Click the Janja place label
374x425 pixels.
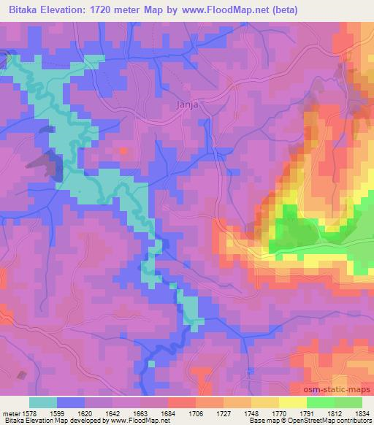pos(188,104)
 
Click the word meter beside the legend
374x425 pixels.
pos(11,413)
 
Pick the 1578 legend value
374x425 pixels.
pos(31,413)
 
